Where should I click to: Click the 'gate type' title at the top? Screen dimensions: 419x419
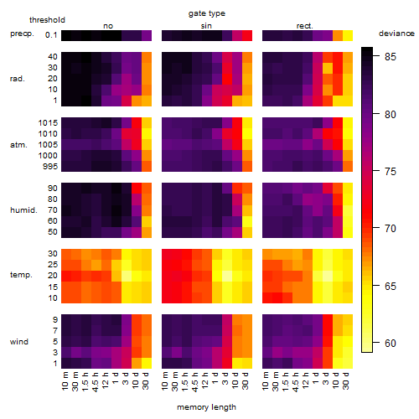[x=207, y=13]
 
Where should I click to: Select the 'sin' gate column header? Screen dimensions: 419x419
[x=206, y=26]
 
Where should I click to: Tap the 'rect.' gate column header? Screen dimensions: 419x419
[x=304, y=26]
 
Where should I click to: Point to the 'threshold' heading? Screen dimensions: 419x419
[x=47, y=20]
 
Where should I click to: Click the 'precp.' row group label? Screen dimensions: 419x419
[x=22, y=34]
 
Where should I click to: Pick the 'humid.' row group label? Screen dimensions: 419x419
[x=23, y=210]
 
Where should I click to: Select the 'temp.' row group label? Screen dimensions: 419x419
[x=21, y=275]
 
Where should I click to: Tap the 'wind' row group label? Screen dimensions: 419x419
[x=19, y=342]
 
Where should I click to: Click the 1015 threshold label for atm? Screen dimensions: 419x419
[x=48, y=123]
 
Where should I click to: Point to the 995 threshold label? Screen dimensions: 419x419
[x=50, y=167]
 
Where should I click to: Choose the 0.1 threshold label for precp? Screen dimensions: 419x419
[x=51, y=35]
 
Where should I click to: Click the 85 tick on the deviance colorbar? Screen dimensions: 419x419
[x=391, y=57]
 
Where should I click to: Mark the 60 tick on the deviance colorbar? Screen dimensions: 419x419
[x=391, y=344]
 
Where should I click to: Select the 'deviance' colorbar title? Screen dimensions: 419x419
[x=396, y=34]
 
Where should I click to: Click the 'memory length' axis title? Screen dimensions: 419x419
[x=206, y=407]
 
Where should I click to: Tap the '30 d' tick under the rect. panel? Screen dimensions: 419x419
[x=346, y=380]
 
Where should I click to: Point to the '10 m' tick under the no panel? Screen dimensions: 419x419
[x=65, y=380]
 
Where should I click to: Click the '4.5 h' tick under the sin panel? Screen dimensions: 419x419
[x=195, y=381]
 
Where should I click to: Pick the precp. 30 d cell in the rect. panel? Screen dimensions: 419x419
[x=348, y=35]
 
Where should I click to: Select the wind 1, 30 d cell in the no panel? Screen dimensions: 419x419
[x=147, y=363]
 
